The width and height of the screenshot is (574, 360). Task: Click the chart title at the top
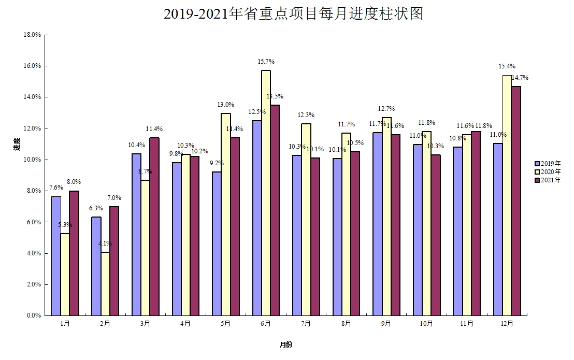coord(293,14)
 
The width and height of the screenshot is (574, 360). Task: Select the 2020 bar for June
coord(266,193)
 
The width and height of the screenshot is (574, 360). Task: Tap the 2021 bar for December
coord(516,200)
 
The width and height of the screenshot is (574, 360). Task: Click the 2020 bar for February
coord(105,284)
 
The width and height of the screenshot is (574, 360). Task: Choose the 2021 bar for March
coord(154,226)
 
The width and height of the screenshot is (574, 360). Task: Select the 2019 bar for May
coord(217,243)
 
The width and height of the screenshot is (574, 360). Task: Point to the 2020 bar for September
coord(386,217)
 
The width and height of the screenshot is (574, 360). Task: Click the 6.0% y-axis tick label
coord(34,222)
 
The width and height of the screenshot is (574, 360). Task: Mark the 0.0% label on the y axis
coord(34,315)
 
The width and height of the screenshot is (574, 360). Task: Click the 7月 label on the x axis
coord(306,324)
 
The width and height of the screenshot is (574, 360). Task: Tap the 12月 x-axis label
coord(507,324)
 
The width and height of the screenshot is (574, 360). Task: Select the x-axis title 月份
coord(285,345)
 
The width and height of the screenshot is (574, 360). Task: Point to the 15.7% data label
coord(266,62)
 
